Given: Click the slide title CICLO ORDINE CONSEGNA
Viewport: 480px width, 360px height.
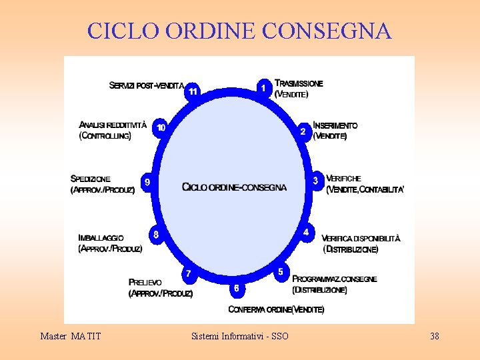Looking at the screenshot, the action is click(x=239, y=31).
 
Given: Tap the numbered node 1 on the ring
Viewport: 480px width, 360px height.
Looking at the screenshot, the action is click(x=264, y=87).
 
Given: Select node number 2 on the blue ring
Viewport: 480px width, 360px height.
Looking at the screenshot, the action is click(x=303, y=131).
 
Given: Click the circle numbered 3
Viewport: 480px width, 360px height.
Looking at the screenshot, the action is click(x=315, y=180).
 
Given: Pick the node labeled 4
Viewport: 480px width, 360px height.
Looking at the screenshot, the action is click(x=306, y=232).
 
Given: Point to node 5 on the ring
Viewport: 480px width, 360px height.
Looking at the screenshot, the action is click(x=281, y=271).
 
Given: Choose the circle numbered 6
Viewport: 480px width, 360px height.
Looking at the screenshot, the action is click(x=236, y=289).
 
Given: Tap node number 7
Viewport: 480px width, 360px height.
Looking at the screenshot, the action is click(x=189, y=273).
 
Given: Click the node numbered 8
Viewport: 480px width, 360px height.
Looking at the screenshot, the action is click(x=156, y=235).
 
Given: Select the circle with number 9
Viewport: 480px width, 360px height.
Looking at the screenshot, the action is click(x=147, y=181).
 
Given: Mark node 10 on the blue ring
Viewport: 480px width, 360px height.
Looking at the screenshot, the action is click(x=161, y=127).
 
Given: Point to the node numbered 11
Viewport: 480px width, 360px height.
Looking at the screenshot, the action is click(x=193, y=91).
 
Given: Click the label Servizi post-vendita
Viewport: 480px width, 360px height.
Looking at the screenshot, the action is click(x=147, y=85).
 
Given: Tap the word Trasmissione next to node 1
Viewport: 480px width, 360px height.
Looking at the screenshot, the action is click(x=299, y=83).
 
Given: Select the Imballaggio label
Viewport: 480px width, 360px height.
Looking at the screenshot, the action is click(x=101, y=237).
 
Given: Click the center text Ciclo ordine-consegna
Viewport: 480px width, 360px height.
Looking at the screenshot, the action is click(x=234, y=187).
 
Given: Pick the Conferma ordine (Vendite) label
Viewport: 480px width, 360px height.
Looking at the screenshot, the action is click(x=276, y=309).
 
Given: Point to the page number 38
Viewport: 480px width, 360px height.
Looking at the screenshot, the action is click(x=435, y=336).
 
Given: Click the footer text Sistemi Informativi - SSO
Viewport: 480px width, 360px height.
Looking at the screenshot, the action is click(x=240, y=336).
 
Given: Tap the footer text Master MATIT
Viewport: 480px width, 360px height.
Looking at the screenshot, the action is click(x=71, y=336).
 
